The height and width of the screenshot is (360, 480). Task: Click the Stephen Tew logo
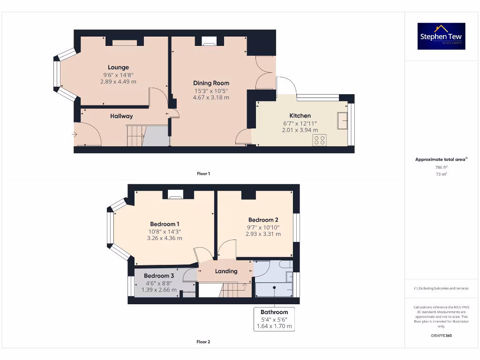tap(441, 36)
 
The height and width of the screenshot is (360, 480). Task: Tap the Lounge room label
tap(118, 67)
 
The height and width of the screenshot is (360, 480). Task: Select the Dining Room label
tap(211, 83)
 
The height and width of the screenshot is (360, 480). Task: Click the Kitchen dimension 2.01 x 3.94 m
tap(300, 130)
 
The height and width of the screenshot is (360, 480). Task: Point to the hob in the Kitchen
tap(320, 140)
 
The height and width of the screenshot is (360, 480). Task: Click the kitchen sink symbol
tap(342, 120)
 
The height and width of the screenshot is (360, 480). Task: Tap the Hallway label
tap(121, 116)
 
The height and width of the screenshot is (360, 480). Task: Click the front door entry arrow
tap(75, 135)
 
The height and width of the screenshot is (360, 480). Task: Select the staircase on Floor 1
tap(135, 136)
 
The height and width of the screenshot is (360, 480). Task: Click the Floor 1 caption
tap(203, 173)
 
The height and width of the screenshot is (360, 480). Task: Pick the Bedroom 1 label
tap(165, 224)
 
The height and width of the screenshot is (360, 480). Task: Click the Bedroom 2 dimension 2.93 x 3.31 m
tap(263, 234)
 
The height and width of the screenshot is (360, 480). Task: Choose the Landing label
tap(226, 271)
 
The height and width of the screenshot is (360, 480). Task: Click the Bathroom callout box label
tap(274, 312)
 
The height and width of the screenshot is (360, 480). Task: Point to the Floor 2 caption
tap(203, 342)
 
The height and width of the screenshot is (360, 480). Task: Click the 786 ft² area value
tap(441, 166)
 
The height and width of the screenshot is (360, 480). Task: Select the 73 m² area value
tap(441, 174)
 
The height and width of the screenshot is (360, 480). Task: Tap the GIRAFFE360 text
tap(441, 336)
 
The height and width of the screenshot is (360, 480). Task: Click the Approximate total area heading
tap(441, 159)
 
